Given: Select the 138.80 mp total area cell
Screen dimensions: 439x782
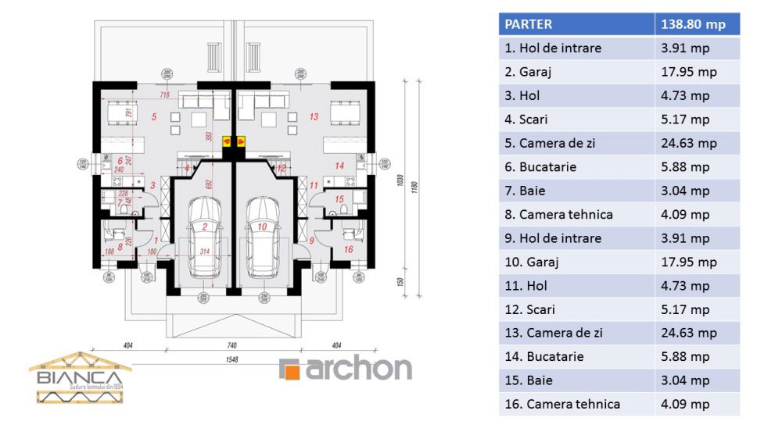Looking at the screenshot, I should tap(693, 24).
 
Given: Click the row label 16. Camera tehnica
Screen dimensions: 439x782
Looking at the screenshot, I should tap(562, 404).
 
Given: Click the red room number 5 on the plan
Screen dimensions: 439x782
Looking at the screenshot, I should tap(155, 117).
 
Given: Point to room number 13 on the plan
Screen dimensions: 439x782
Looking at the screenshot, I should tap(314, 117).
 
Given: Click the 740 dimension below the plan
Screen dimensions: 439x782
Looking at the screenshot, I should tap(233, 344).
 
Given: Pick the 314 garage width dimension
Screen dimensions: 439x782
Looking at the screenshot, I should tap(206, 252).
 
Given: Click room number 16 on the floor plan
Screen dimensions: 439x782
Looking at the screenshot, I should tap(349, 249).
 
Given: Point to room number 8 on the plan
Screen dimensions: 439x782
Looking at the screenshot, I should tap(120, 244).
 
